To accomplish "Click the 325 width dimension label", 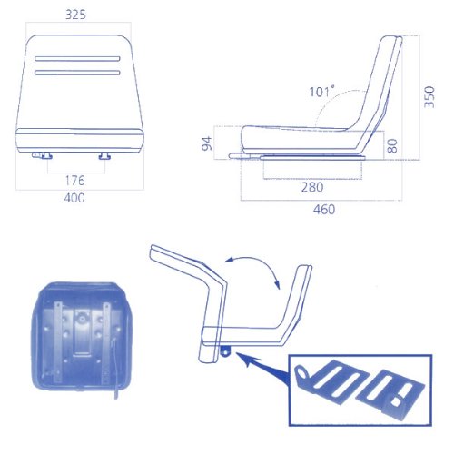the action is [75, 15].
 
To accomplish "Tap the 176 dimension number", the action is [75, 181].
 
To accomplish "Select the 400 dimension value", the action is [74, 198].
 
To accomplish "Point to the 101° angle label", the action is [321, 91].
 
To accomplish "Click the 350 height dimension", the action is [429, 97].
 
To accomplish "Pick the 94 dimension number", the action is [207, 143].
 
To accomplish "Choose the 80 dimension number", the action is [392, 146].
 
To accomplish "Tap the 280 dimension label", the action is [312, 187].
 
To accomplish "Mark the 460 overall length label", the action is [324, 210].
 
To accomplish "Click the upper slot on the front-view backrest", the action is [77, 59].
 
